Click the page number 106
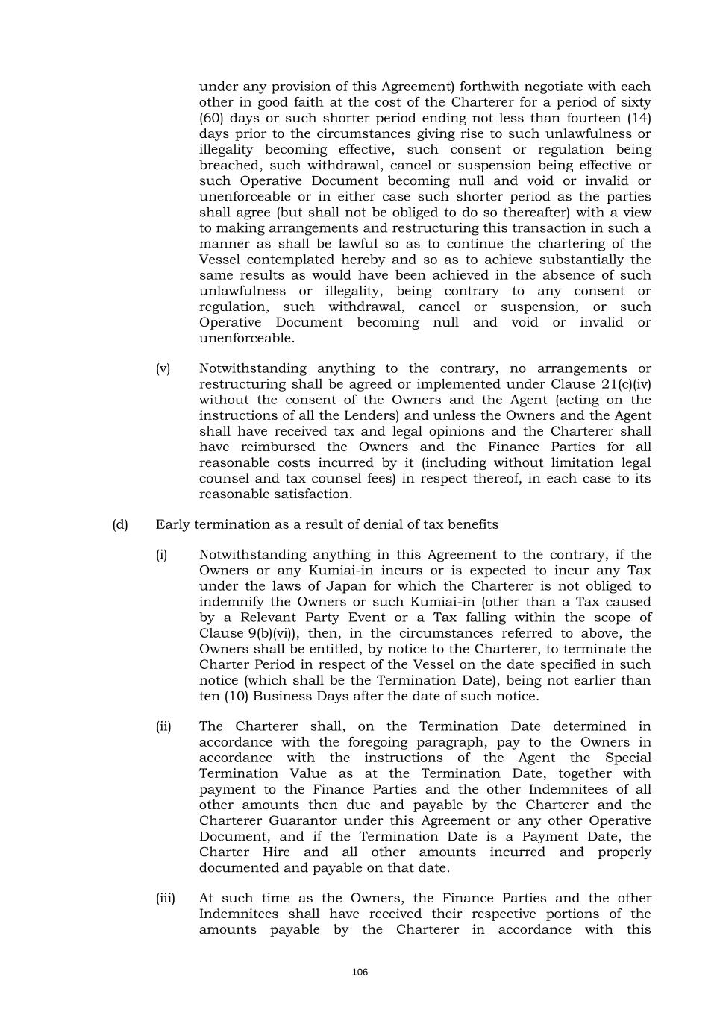point(360,973)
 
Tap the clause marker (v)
point(163,368)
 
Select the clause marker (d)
point(120,524)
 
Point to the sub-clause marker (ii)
point(163,726)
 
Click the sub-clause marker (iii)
point(165,898)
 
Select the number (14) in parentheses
point(636,118)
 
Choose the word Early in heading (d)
point(172,524)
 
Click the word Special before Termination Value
point(628,758)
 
